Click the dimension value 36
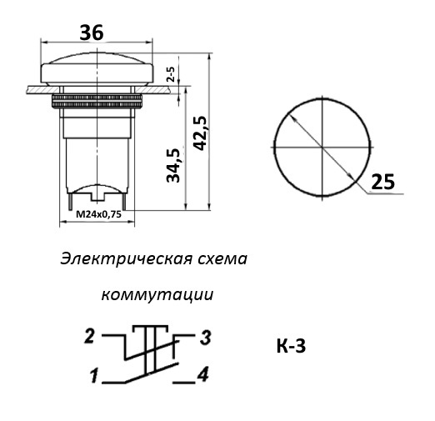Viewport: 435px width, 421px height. tap(92, 33)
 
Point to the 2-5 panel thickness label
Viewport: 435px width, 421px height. tap(171, 78)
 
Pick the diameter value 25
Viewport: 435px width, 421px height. tap(381, 182)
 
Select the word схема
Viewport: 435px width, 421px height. tap(221, 259)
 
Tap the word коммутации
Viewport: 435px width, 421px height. tap(157, 295)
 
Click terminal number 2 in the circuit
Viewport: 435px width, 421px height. tap(88, 336)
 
